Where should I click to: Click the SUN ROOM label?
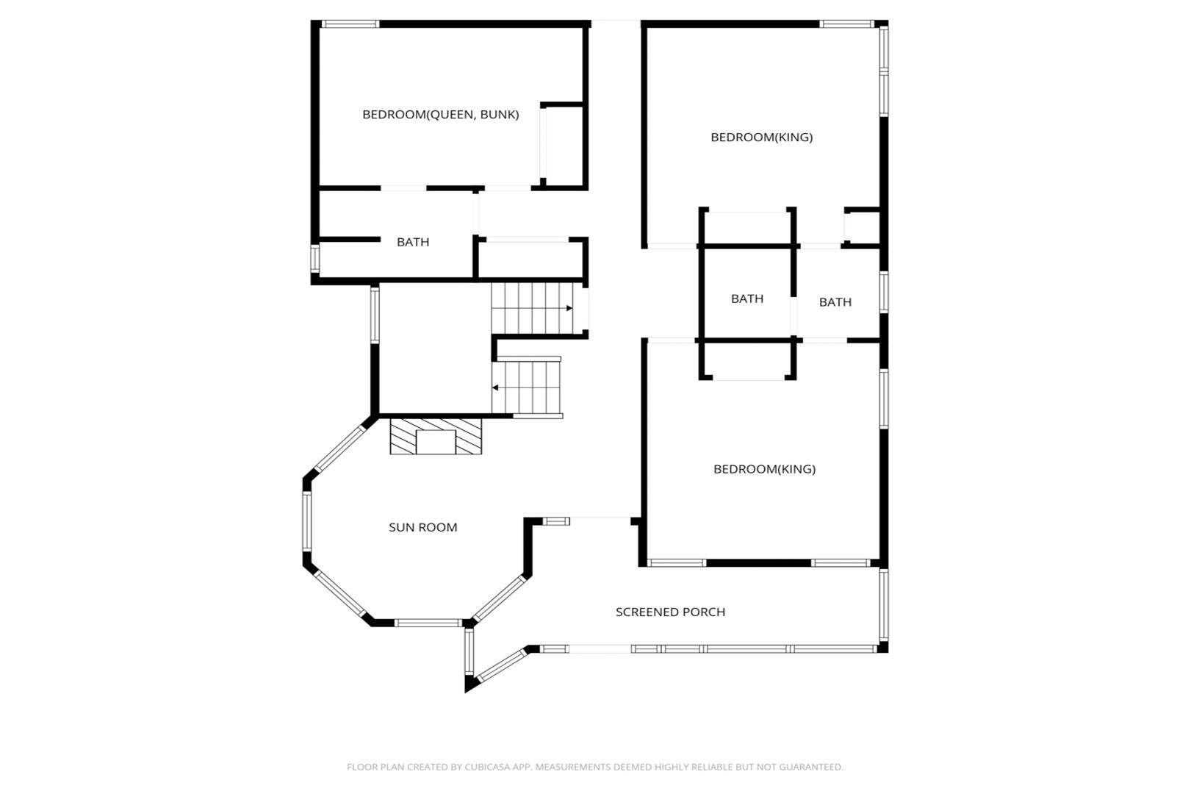click(x=422, y=527)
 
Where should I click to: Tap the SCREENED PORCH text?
click(x=671, y=612)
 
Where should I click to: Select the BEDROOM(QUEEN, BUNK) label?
click(x=441, y=115)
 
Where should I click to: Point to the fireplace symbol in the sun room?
click(x=436, y=437)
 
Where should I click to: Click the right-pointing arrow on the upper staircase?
click(x=569, y=308)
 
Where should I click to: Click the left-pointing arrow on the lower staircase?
click(x=495, y=387)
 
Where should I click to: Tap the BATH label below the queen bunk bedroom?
click(x=413, y=242)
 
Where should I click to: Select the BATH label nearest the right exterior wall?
click(x=835, y=302)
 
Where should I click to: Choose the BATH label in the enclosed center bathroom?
click(x=747, y=298)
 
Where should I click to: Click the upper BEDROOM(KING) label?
click(x=761, y=137)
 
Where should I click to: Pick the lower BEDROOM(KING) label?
click(x=764, y=469)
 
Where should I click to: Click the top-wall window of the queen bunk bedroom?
click(x=350, y=24)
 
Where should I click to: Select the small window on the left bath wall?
click(x=314, y=259)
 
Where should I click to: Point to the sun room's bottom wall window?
click(x=428, y=623)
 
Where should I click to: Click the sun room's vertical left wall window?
click(x=307, y=521)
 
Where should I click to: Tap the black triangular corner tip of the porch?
click(x=466, y=692)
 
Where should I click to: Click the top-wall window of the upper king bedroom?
click(x=847, y=24)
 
